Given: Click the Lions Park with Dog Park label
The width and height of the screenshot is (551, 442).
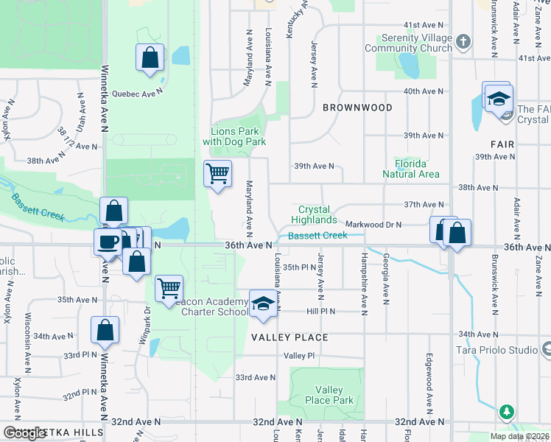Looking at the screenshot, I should click(234, 136).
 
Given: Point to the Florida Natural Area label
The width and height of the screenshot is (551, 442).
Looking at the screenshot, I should click(411, 168).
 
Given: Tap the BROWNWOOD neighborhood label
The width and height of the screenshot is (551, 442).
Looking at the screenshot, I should click(357, 108).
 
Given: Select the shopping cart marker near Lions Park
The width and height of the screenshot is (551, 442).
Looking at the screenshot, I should click(217, 174).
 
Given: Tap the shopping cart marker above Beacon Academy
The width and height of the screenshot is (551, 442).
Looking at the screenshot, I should click(169, 288).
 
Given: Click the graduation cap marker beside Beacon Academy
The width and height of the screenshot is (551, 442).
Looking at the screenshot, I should click(263, 305).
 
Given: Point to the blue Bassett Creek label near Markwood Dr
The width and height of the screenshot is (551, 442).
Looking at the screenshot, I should click(317, 236).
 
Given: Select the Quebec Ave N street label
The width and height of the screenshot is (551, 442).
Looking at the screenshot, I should click(136, 94).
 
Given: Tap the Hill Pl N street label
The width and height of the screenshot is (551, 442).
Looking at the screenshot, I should click(320, 312).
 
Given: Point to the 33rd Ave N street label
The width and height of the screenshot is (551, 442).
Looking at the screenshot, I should click(255, 377).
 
